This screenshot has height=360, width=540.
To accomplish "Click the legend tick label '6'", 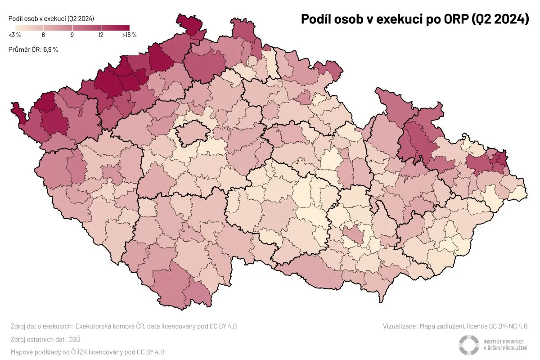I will point(43,35).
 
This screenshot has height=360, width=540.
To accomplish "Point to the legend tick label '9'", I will point(72,35).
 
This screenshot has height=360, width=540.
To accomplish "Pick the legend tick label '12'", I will point(100,35).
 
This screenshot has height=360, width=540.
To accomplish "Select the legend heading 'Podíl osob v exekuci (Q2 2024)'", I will point(52,18).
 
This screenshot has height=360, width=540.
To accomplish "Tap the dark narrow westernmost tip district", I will point(17,112).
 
